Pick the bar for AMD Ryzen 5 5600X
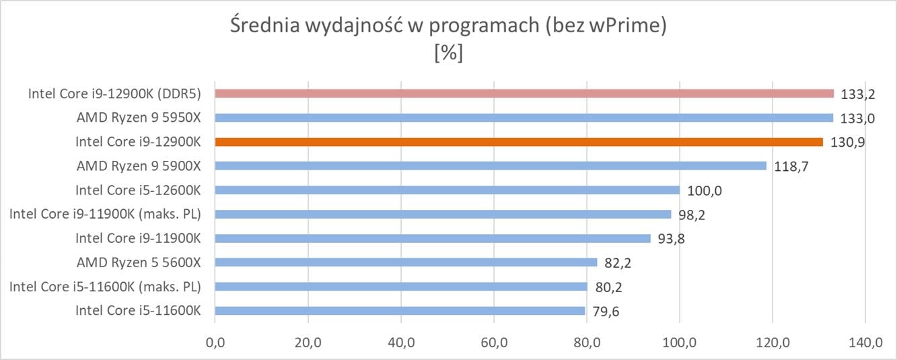[406, 262]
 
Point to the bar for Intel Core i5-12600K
[447, 190]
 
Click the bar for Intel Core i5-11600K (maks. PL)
[401, 287]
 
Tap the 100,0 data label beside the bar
[702, 191]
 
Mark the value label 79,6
[606, 312]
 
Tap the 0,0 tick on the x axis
[215, 343]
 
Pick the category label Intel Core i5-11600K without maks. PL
[139, 311]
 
